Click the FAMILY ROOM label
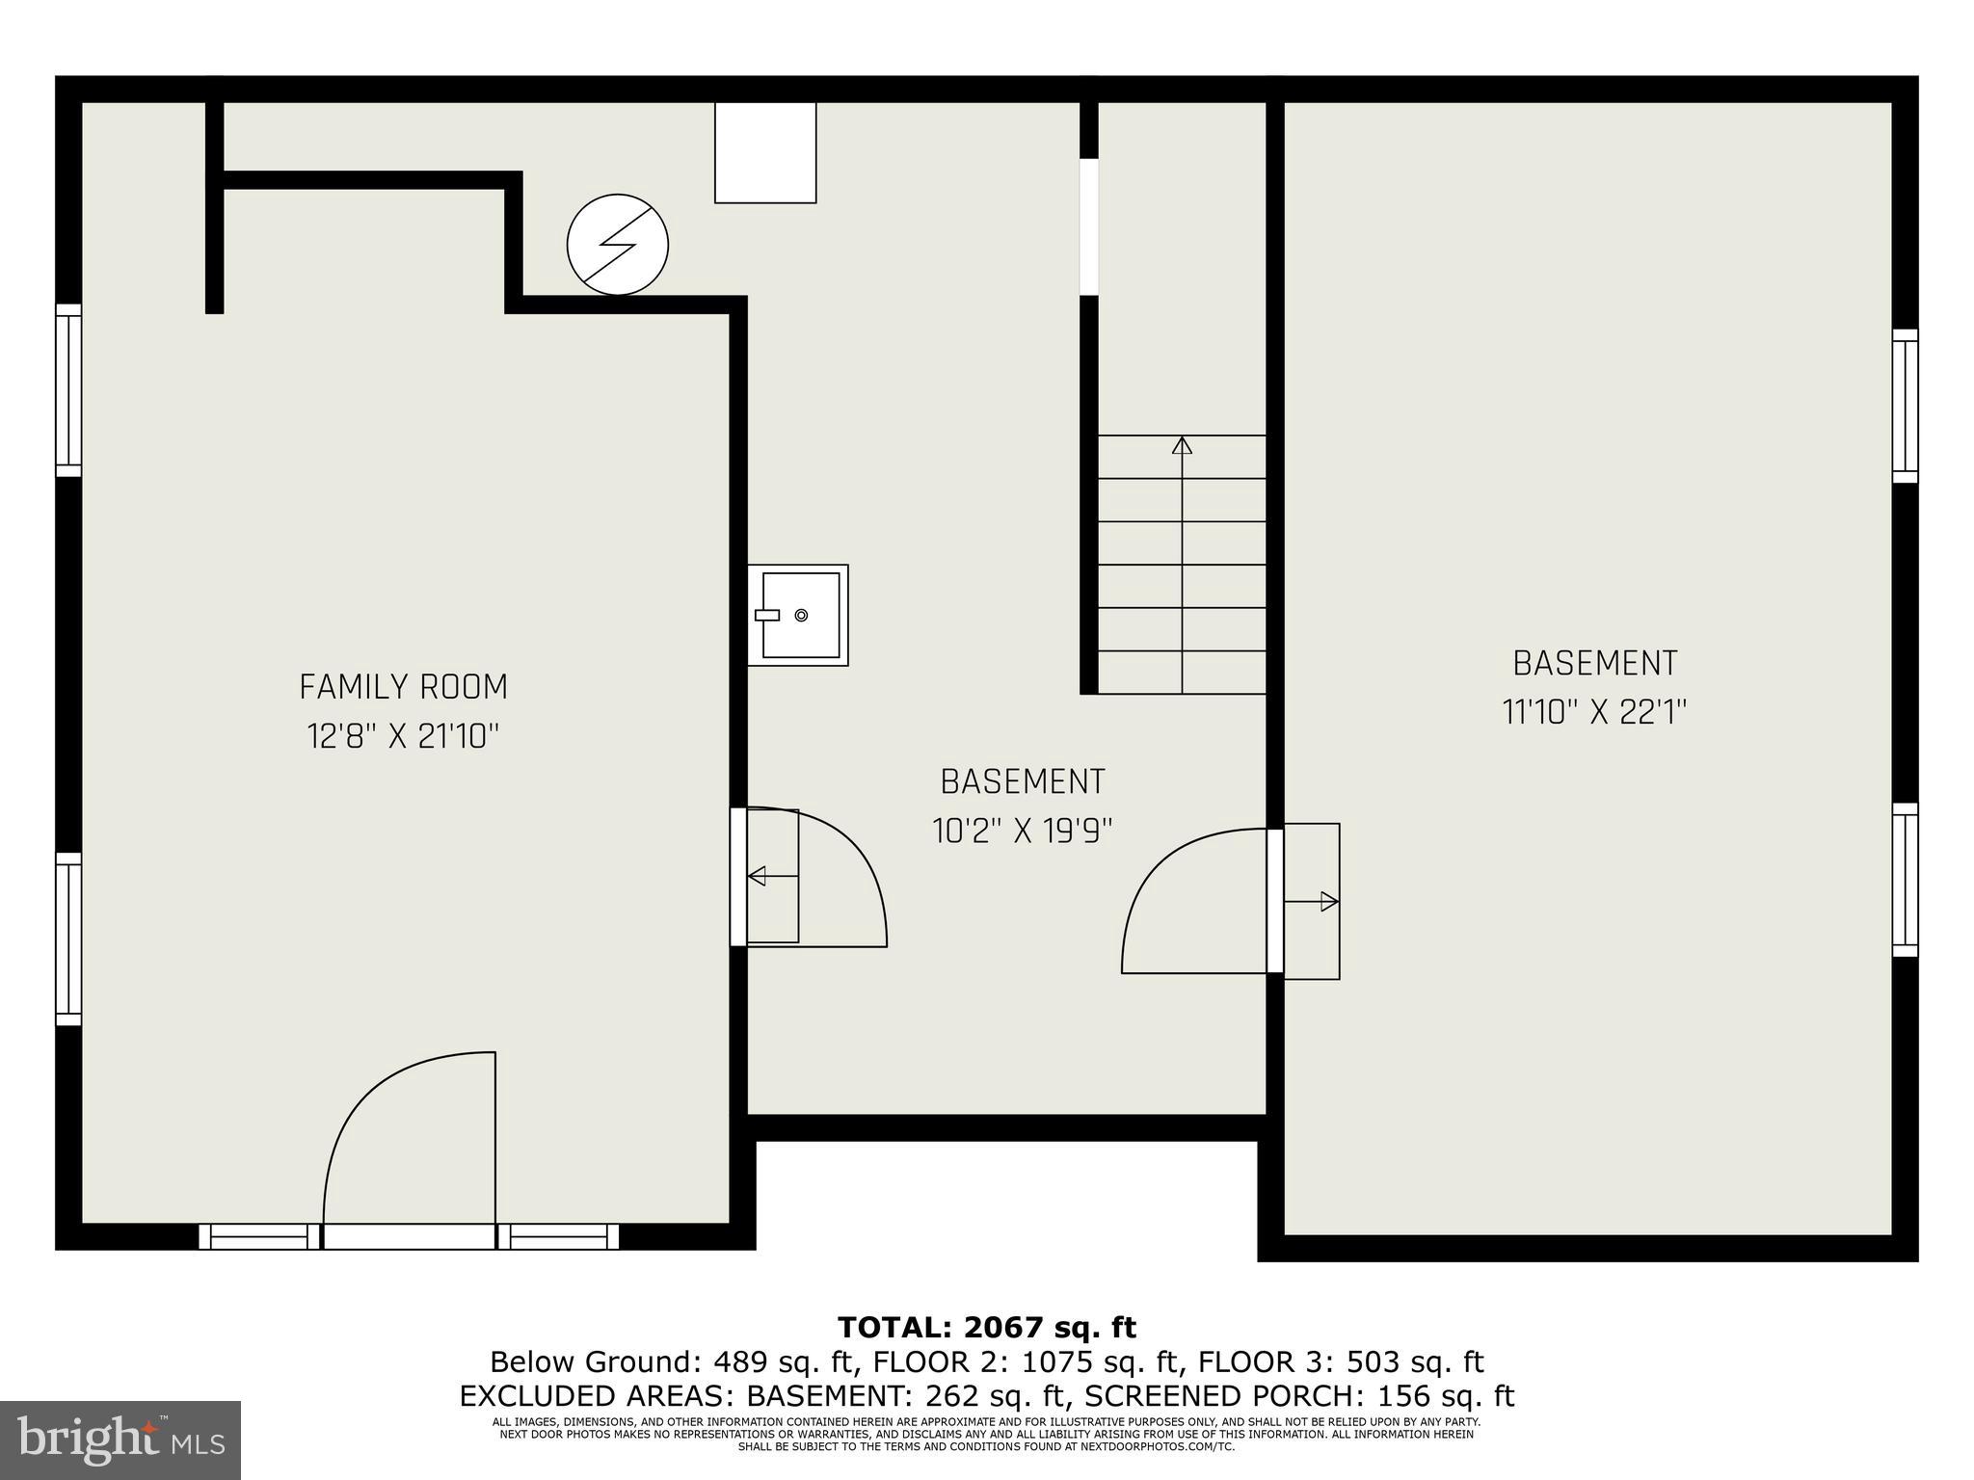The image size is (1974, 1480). [403, 687]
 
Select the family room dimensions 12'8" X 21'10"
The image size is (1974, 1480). [403, 737]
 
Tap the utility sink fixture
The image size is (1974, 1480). [798, 615]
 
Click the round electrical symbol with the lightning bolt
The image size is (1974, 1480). [618, 245]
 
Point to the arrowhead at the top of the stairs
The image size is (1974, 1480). [1182, 445]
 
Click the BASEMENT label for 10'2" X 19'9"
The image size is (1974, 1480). [1023, 781]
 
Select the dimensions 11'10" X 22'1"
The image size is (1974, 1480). [1594, 713]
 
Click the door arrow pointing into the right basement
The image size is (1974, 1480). [1328, 902]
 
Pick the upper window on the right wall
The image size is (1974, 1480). [1905, 406]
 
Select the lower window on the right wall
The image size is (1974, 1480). [1905, 880]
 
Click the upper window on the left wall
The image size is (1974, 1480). [68, 390]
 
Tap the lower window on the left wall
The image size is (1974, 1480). [68, 938]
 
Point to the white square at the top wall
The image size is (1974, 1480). [765, 152]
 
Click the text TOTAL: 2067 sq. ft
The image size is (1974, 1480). [987, 1328]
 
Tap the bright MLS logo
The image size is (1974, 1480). [120, 1440]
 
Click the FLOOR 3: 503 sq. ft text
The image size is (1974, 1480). [1340, 1362]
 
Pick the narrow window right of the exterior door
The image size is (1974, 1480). [558, 1236]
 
